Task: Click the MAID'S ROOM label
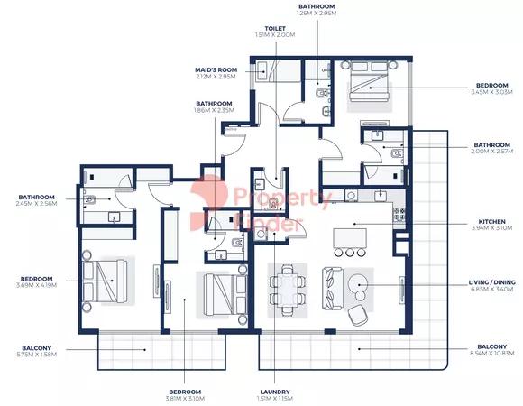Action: [215, 69]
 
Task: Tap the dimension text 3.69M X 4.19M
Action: [37, 286]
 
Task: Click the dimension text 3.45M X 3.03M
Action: [492, 91]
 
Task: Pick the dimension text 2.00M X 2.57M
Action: [492, 152]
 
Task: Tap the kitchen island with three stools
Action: [351, 238]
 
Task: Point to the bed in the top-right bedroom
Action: [368, 89]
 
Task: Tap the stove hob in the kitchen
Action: [398, 215]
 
